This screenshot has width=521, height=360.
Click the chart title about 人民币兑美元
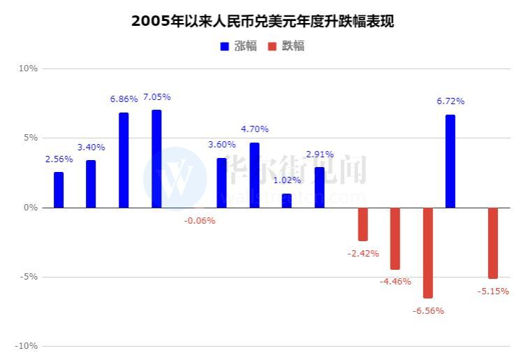click(262, 21)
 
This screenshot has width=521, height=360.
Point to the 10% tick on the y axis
click(28, 69)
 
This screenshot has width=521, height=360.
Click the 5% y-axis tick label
click(30, 138)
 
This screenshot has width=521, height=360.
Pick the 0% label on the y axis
click(30, 208)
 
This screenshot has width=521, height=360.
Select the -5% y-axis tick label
click(29, 277)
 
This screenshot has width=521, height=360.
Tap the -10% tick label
click(27, 346)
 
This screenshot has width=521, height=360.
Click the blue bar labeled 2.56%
click(59, 190)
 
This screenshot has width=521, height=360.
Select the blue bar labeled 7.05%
click(156, 159)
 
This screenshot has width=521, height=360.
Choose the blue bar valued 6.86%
click(124, 160)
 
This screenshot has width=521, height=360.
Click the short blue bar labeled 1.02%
click(287, 201)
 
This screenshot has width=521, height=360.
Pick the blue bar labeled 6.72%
click(450, 161)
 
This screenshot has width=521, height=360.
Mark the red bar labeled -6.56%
click(428, 252)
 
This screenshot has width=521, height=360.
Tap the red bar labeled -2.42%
click(363, 224)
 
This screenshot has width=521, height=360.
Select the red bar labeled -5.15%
click(493, 243)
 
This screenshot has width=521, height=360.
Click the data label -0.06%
click(200, 221)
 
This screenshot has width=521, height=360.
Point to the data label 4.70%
click(255, 129)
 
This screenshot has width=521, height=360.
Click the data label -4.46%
click(395, 282)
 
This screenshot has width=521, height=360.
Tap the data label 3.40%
click(91, 147)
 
